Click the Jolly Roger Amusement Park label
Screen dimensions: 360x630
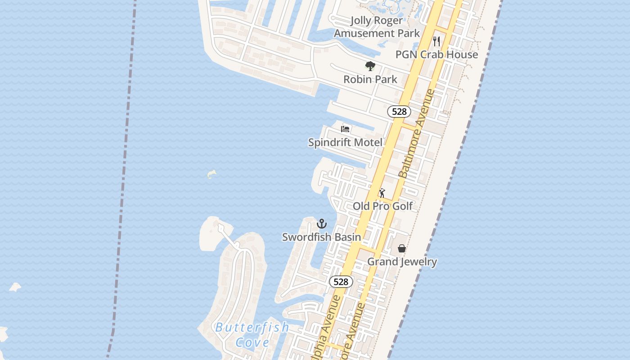[377, 27]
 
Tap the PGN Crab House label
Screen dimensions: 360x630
[436, 54]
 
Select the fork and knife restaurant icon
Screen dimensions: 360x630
[436, 41]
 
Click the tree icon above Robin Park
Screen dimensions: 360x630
[370, 67]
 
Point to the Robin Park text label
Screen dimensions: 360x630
[370, 79]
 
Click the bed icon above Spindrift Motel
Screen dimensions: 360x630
[345, 129]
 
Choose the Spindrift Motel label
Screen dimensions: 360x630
[345, 142]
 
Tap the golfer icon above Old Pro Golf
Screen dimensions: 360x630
[382, 193]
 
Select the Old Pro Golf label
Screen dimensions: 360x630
[382, 206]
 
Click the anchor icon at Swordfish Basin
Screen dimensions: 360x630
[321, 224]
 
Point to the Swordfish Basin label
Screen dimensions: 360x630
[321, 237]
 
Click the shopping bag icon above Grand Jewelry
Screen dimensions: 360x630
[402, 248]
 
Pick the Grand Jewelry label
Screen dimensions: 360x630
[402, 261]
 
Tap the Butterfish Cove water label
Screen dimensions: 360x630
[252, 334]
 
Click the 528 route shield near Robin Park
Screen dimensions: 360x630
[399, 112]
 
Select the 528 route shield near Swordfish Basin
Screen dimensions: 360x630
[341, 282]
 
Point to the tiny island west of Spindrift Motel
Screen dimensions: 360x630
[211, 174]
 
